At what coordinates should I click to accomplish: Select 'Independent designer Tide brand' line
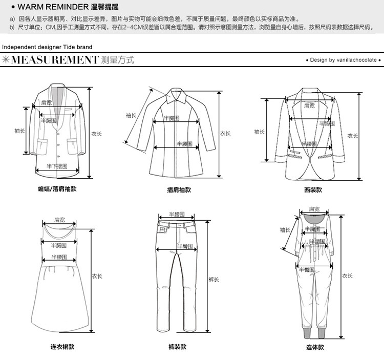click(x=47, y=47)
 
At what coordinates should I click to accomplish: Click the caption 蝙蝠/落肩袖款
click(x=57, y=189)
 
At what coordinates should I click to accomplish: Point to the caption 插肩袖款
click(x=179, y=189)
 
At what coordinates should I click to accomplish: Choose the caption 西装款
click(x=313, y=189)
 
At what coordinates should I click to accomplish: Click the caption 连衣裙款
click(x=62, y=347)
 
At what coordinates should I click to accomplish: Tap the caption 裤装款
click(x=178, y=347)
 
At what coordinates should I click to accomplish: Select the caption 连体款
click(x=315, y=347)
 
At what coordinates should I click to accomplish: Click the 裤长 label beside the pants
click(x=214, y=280)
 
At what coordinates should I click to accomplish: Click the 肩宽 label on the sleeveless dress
click(x=59, y=220)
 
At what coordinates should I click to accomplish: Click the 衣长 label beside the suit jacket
click(x=353, y=135)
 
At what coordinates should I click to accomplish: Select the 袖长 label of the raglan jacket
click(x=131, y=115)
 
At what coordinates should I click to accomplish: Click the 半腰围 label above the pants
click(x=177, y=214)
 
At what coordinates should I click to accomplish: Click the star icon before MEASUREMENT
click(x=6, y=60)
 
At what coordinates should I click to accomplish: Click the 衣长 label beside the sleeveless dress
click(x=97, y=276)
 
